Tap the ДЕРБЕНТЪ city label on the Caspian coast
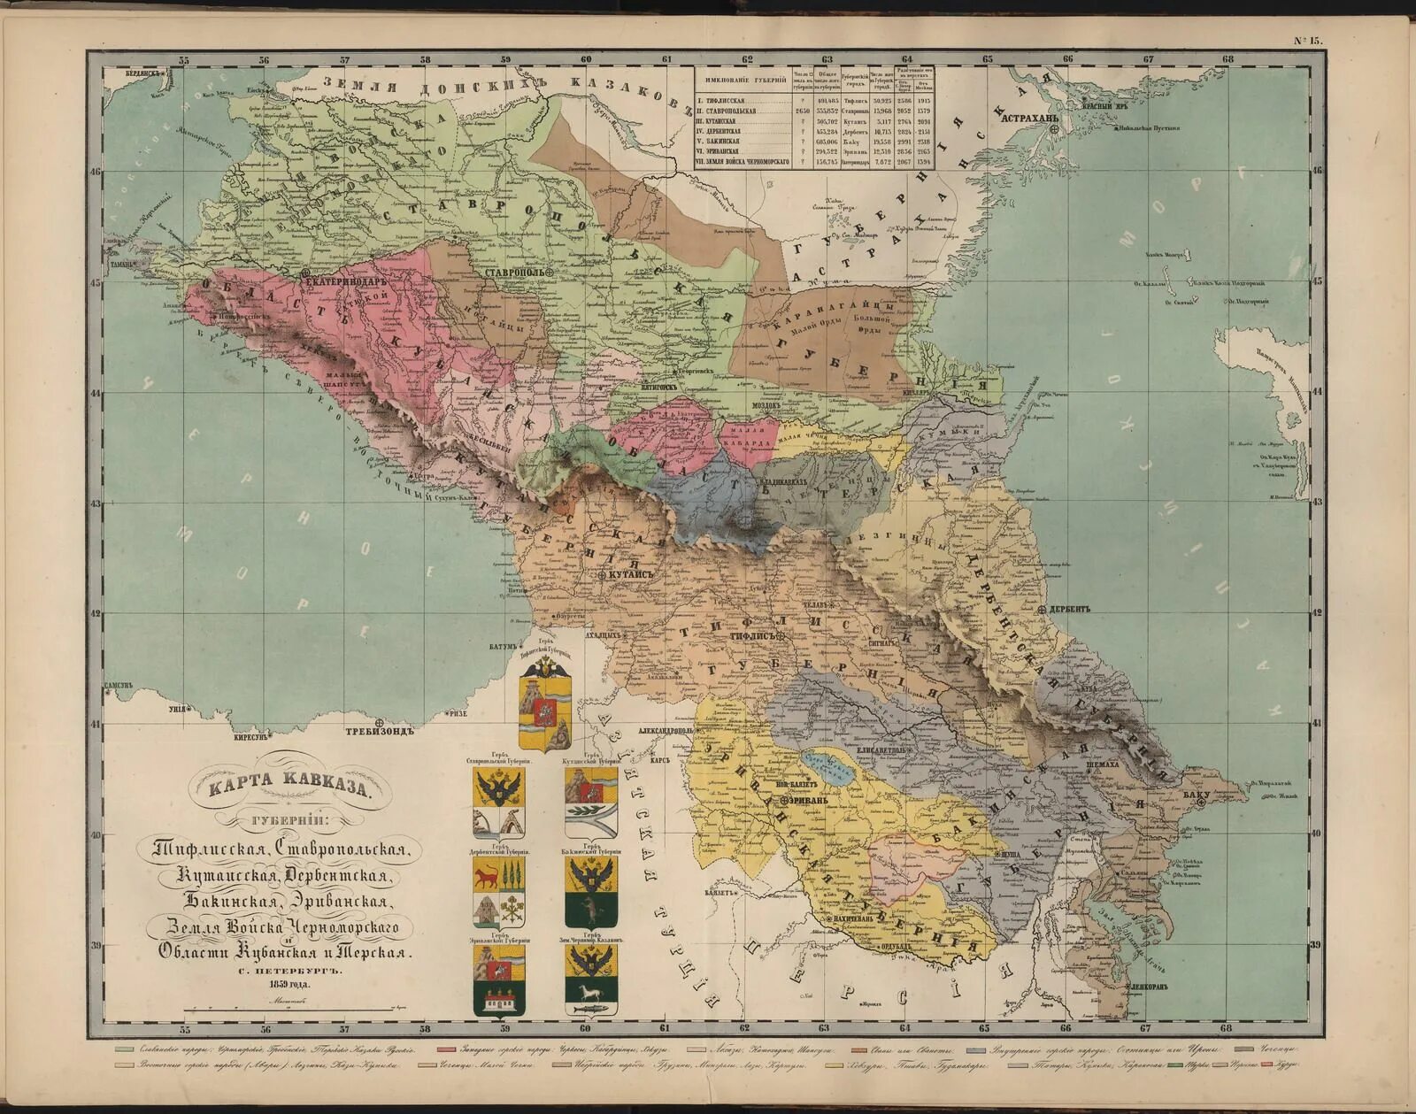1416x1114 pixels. pyautogui.click(x=1073, y=609)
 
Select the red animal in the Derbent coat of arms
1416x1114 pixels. pyautogui.click(x=486, y=876)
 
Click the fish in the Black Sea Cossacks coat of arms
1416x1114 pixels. pyautogui.click(x=589, y=1005)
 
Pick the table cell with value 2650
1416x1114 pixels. pyautogui.click(x=803, y=112)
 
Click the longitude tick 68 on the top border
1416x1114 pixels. pyautogui.click(x=1227, y=59)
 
